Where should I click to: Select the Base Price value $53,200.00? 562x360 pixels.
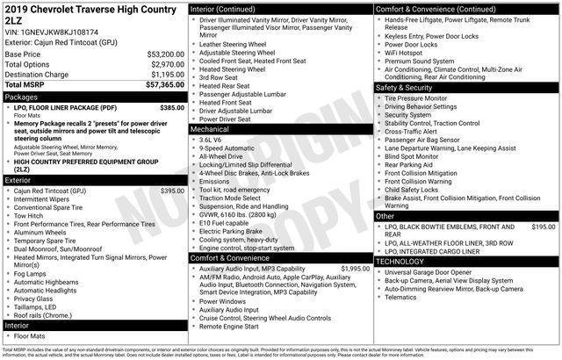point(164,54)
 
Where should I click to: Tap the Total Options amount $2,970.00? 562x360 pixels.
point(166,64)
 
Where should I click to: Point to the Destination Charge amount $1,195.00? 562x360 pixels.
point(166,75)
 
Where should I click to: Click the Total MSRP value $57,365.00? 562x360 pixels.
point(164,85)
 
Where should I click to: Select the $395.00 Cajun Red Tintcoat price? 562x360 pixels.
point(172,191)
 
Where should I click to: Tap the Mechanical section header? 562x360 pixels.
point(209,128)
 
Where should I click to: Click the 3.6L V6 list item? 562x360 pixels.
point(211,140)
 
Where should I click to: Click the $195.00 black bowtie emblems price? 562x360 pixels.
point(544,227)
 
